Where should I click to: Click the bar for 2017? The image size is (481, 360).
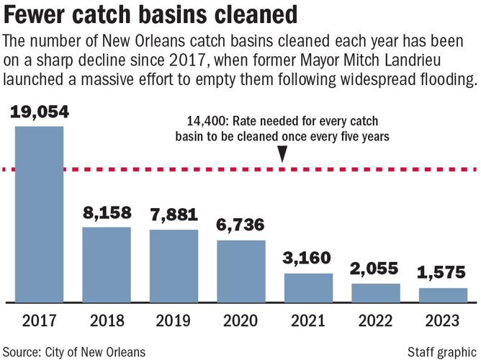point(39,214)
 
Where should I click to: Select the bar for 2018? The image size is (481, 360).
point(107,264)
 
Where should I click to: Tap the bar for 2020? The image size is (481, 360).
point(241,270)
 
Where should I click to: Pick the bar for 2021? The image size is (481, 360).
point(308,287)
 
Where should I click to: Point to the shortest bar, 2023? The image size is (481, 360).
point(443,294)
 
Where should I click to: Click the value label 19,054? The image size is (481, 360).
point(39,112)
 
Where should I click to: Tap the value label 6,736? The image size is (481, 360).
point(241,225)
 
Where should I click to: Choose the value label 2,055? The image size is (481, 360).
point(376,269)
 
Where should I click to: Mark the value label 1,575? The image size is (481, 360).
point(443,274)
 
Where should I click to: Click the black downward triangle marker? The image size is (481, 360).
point(283,154)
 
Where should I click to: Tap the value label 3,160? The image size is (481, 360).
point(308,258)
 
